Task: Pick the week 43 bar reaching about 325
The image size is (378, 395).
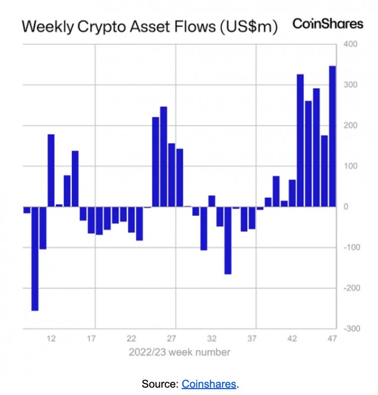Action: point(300,140)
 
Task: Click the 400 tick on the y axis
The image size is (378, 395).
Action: point(351,44)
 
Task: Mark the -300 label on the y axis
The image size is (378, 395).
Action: point(350,328)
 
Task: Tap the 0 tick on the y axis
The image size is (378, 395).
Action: point(347,206)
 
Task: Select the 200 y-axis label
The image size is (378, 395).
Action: point(351,125)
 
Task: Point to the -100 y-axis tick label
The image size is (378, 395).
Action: point(350,247)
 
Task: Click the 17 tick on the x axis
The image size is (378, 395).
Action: point(91,339)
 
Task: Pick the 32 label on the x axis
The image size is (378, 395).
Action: point(212,339)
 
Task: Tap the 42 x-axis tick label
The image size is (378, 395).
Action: point(292,339)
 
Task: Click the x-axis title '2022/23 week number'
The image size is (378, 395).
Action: point(180,352)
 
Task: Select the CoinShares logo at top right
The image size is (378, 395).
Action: point(328,24)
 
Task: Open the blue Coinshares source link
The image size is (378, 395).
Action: point(209,384)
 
